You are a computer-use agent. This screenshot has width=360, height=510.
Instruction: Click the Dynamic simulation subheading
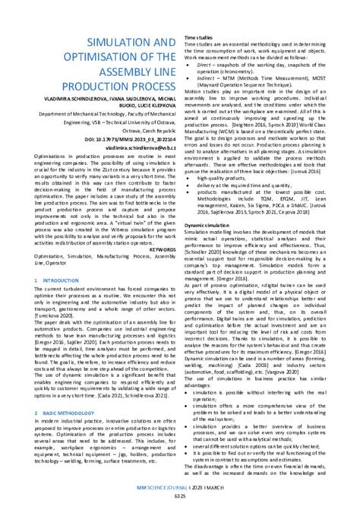(207, 226)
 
